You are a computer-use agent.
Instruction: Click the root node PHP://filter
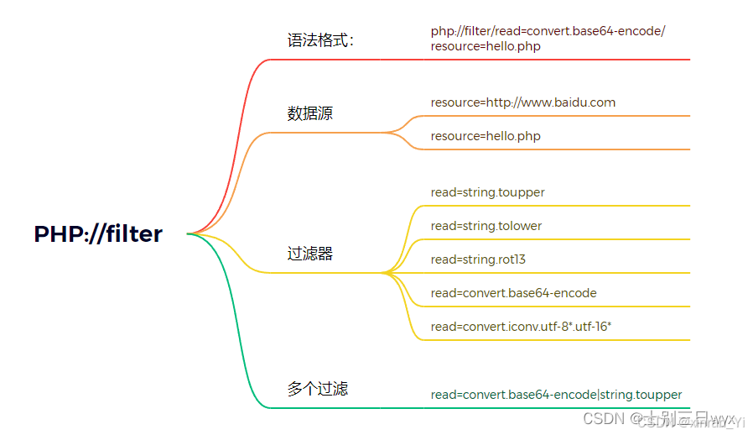98,234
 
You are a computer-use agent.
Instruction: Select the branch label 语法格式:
320,40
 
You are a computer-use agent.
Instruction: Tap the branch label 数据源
309,113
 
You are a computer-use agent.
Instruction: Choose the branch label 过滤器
309,254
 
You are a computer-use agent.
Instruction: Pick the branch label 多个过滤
317,389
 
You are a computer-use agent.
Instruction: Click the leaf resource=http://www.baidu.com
522,102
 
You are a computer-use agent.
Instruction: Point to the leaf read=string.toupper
487,192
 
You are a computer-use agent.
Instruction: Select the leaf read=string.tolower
486,226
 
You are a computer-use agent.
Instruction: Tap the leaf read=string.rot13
478,259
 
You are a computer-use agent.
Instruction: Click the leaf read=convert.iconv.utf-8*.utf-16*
515,327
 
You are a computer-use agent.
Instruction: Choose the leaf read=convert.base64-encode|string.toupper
556,395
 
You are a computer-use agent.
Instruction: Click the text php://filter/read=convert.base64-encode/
548,31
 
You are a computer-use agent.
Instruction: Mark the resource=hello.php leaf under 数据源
486,136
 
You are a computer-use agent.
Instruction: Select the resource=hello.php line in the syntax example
486,46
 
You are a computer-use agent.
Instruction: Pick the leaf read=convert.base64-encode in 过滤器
513,293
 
